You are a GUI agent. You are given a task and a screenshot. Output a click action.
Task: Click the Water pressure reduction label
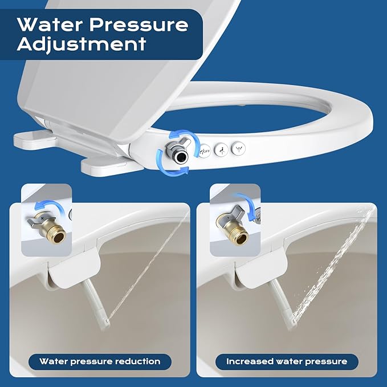[x=100, y=361]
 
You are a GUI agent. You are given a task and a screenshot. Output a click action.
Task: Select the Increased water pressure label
[x=287, y=361]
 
